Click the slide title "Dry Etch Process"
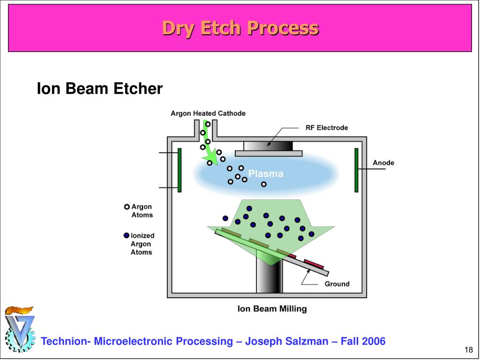point(240,28)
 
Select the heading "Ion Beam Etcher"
point(99,89)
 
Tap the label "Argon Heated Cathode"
point(208,113)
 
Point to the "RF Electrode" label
point(327,127)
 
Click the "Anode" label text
point(383,163)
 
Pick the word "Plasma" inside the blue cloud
point(266,174)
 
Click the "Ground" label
point(337,284)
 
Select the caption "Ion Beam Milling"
point(272,309)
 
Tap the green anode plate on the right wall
point(356,170)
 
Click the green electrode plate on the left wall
point(179,170)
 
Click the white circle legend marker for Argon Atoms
point(127,207)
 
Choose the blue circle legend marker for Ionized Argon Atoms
point(127,236)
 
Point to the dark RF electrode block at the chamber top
point(268,145)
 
